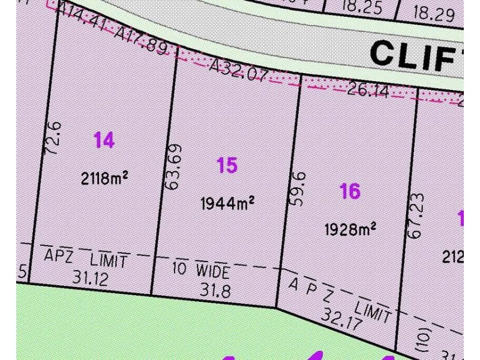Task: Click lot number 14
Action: pyautogui.click(x=104, y=140)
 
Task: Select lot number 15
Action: pyautogui.click(x=227, y=165)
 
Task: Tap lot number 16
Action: pyautogui.click(x=350, y=191)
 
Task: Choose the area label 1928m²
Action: pyautogui.click(x=350, y=229)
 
